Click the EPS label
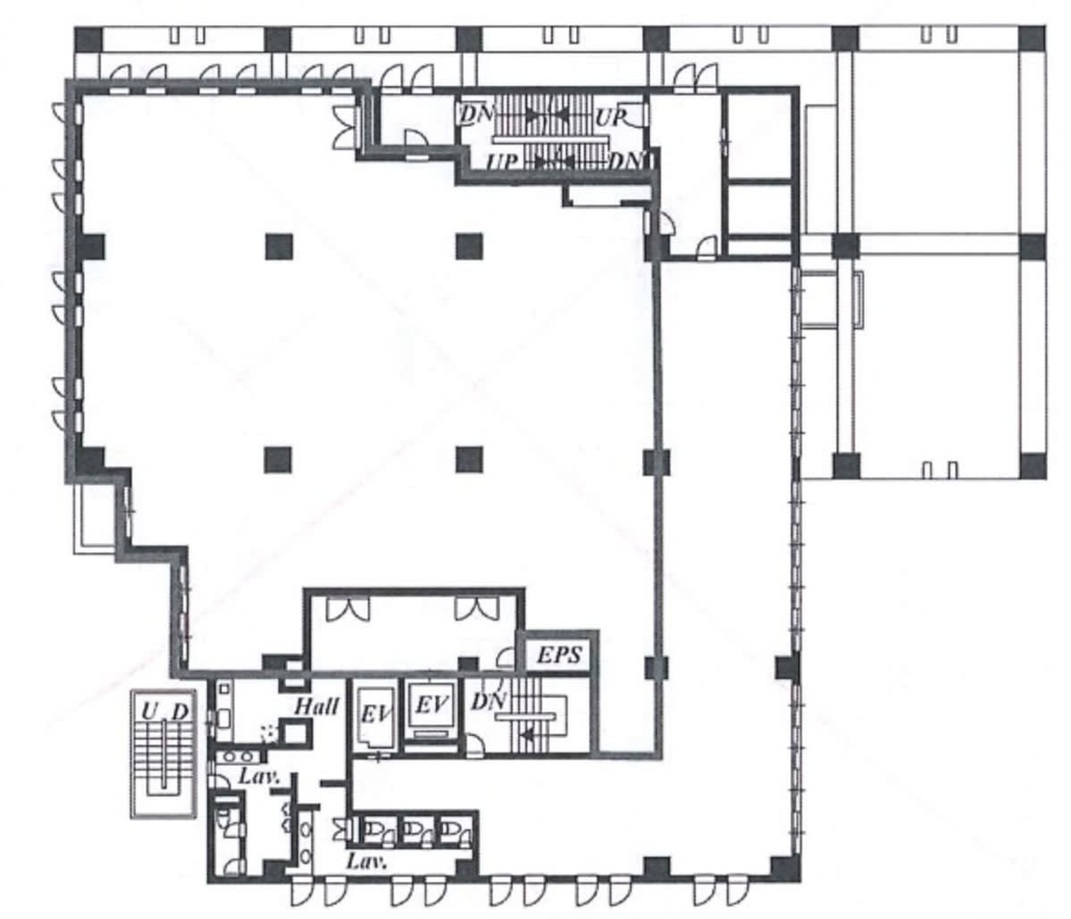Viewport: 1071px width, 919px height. click(559, 655)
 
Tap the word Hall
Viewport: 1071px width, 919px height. click(316, 706)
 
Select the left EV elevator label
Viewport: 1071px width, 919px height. click(376, 714)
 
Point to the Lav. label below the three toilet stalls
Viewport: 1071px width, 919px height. click(366, 860)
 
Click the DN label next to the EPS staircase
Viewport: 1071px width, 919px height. click(489, 700)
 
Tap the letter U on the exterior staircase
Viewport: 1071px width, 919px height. click(149, 712)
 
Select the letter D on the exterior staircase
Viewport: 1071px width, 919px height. click(180, 712)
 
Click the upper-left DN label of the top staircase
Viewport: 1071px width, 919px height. click(476, 113)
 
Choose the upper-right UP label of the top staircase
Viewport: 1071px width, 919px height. click(610, 117)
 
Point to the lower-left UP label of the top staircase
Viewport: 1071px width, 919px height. click(502, 163)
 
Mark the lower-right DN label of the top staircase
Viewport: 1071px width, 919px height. click(625, 162)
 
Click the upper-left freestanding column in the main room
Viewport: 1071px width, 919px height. click(279, 246)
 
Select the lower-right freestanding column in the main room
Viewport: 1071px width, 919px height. click(469, 460)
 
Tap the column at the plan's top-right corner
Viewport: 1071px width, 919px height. click(1032, 39)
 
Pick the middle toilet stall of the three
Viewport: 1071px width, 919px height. click(416, 831)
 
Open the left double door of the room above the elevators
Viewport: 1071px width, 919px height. click(347, 608)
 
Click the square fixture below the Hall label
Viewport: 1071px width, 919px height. click(296, 733)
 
